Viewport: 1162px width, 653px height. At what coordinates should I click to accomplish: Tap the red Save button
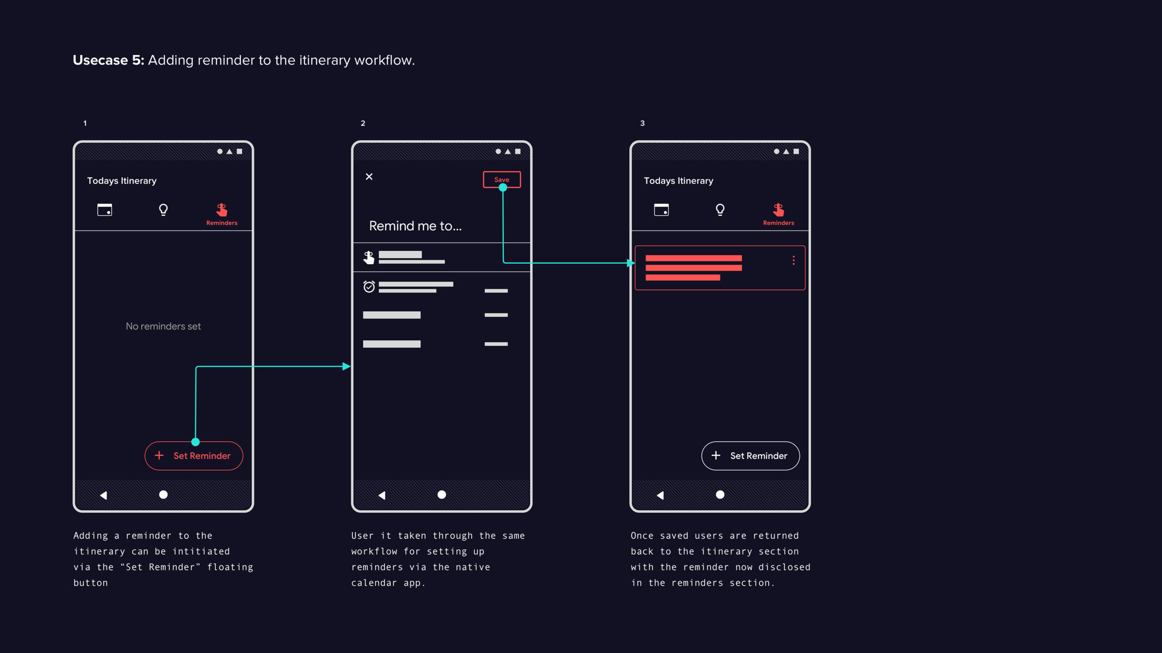click(502, 180)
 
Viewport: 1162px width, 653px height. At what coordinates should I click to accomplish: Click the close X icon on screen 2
click(369, 176)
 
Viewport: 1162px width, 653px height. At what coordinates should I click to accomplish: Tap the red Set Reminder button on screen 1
click(194, 456)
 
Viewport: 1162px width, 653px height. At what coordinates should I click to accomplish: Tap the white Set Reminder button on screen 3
click(750, 456)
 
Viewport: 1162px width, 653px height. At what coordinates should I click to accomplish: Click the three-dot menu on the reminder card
click(793, 260)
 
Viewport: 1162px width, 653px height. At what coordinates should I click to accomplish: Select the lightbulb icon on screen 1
click(163, 210)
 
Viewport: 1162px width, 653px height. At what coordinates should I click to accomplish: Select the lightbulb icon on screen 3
click(720, 210)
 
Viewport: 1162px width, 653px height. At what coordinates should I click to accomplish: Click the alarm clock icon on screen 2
click(369, 287)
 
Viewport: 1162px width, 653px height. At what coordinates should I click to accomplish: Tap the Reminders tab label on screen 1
click(222, 223)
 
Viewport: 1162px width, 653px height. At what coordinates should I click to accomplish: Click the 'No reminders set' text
click(163, 326)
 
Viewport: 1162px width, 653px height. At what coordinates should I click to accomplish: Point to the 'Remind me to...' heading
click(416, 226)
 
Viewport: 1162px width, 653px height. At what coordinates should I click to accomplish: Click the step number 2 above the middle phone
click(363, 123)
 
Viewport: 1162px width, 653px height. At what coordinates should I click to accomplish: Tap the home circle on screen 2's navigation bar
click(442, 495)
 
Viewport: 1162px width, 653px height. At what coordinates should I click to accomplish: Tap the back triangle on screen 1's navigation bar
click(104, 495)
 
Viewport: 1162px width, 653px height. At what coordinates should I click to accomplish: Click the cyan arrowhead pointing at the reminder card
click(631, 263)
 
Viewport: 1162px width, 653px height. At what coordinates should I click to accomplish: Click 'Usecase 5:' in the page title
click(108, 60)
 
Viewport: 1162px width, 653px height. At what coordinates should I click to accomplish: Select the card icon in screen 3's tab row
click(661, 210)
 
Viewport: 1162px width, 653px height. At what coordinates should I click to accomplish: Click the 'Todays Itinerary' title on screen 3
click(679, 181)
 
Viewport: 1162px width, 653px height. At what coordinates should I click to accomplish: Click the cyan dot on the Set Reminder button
click(196, 442)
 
